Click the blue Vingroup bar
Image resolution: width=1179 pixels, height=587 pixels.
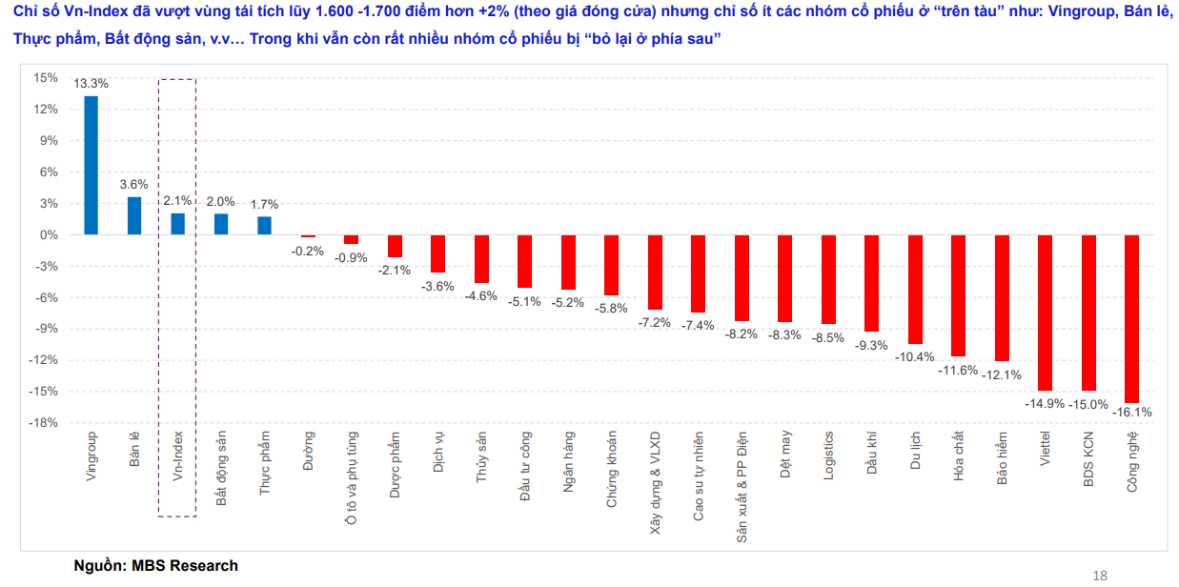point(91,165)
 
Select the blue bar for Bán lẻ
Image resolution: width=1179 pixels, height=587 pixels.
point(134,216)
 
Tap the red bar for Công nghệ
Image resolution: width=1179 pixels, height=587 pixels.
point(1131,319)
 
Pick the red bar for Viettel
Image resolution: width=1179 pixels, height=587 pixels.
point(1045,313)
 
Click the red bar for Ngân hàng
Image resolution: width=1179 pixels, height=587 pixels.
point(568,262)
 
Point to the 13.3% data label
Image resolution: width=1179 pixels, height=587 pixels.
point(91,83)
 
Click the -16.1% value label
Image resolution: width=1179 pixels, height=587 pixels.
point(1131,413)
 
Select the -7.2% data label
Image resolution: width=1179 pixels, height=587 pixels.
point(654,322)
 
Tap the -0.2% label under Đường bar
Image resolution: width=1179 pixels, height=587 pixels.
point(308,252)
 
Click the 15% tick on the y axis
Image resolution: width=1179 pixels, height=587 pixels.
point(46,78)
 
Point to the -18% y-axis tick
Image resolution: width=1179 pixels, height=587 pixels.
point(43,423)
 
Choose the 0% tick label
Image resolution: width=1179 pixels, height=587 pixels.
point(49,235)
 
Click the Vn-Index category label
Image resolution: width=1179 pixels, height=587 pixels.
point(178,455)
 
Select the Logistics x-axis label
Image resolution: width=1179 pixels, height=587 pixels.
point(828,455)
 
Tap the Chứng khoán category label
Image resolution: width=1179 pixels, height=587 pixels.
point(611,470)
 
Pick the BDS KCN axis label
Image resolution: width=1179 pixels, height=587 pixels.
point(1088,459)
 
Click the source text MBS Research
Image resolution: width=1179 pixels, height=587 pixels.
point(185,565)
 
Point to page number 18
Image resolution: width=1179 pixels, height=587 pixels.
point(1100,576)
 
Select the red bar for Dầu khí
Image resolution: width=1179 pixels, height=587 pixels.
point(871,283)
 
